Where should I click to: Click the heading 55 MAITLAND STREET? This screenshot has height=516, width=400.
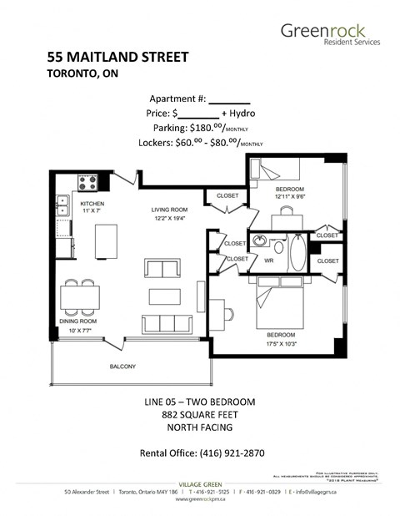click(x=117, y=58)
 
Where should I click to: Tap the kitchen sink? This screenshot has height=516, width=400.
click(x=62, y=209)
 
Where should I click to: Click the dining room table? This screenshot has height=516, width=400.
click(x=80, y=296)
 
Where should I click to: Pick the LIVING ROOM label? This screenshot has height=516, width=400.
click(x=171, y=210)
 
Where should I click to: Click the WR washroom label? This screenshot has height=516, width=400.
click(x=269, y=261)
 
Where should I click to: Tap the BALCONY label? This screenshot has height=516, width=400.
click(x=122, y=367)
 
